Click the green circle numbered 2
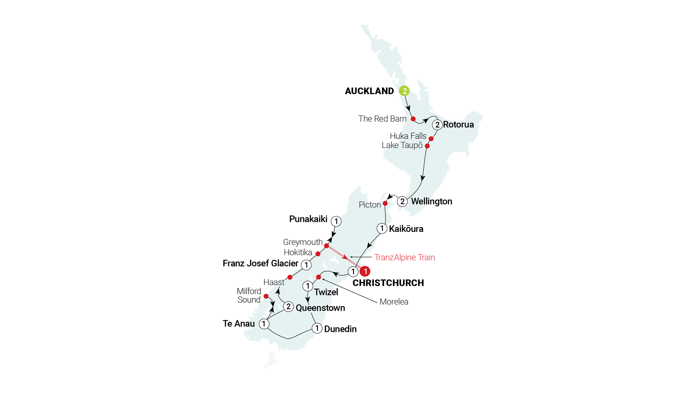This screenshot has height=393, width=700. point(404,91)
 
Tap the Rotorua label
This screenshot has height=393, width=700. point(458,125)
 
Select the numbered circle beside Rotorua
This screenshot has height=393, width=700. point(437,125)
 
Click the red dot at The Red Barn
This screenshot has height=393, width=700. point(413,119)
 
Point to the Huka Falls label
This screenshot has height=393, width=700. point(408,136)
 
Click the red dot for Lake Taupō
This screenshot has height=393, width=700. point(427,146)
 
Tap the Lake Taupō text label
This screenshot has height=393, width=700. point(402,145)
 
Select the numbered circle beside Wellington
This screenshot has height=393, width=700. point(402,202)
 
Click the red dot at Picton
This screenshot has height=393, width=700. point(385,203)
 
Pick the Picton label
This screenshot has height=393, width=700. point(369,205)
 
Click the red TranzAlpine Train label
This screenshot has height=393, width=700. point(404,257)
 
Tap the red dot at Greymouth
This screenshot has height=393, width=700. point(326,246)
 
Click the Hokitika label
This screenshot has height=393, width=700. point(298,252)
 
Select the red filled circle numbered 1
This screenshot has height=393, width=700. point(365,271)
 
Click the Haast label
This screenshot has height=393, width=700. point(274,282)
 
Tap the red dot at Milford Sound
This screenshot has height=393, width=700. point(266,296)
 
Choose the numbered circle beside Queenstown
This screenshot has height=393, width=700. point(288,307)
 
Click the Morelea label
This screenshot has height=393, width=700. point(394,302)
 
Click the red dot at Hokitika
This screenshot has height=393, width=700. point(318,254)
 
